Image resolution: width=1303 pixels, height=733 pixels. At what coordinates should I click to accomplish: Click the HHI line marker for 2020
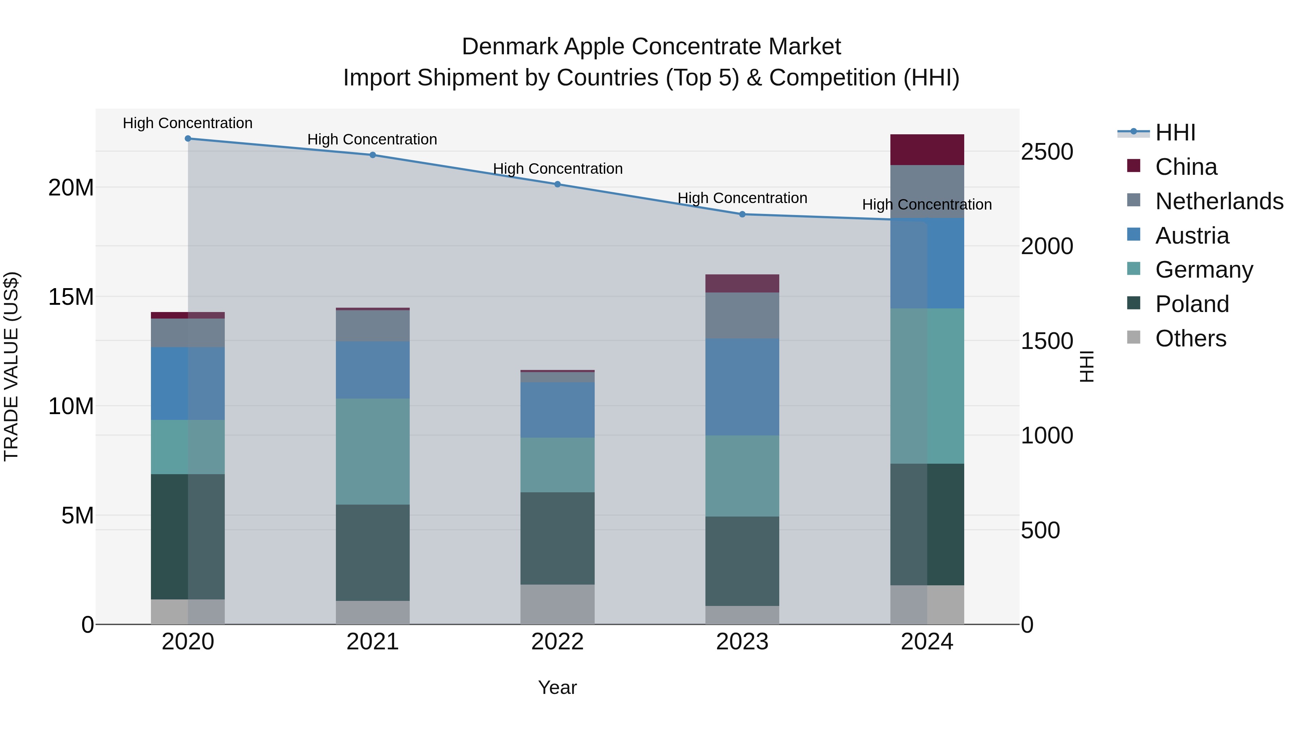click(187, 139)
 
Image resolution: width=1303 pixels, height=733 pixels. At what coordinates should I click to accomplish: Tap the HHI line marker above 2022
click(557, 184)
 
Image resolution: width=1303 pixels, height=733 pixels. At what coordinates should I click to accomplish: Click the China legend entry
click(1186, 167)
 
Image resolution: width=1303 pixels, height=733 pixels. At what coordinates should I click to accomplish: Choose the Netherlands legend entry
click(1219, 201)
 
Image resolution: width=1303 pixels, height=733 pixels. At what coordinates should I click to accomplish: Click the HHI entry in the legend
click(1175, 132)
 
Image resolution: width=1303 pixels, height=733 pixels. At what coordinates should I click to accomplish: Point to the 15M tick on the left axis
click(71, 297)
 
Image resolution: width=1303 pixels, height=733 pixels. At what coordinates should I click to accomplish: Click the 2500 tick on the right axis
click(1046, 152)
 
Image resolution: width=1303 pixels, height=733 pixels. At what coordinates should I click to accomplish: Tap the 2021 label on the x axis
click(372, 642)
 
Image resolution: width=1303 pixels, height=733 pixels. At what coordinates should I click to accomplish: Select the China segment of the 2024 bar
click(927, 150)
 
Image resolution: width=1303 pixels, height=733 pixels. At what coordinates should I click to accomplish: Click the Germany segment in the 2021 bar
click(372, 451)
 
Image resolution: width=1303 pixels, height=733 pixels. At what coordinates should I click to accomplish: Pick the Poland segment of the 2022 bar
click(557, 538)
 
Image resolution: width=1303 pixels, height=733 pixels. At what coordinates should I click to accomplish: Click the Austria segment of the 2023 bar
click(742, 387)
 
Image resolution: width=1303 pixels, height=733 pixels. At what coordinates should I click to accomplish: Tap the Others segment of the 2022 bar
click(557, 604)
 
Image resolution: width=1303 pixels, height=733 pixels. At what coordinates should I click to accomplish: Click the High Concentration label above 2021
click(372, 140)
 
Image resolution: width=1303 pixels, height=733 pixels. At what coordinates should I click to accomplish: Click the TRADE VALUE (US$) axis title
click(11, 367)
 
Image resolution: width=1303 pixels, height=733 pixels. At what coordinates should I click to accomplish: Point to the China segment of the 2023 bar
click(742, 283)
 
